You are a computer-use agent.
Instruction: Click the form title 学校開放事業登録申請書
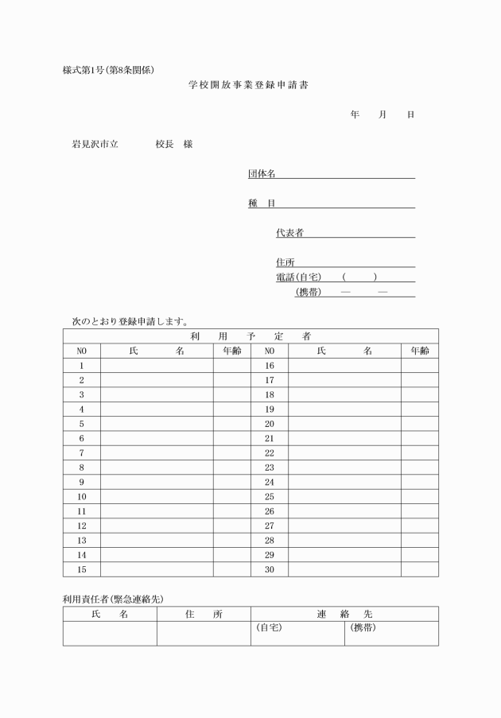pyautogui.click(x=248, y=84)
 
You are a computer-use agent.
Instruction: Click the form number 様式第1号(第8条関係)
pyautogui.click(x=114, y=70)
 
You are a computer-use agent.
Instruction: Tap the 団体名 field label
pyautogui.click(x=262, y=174)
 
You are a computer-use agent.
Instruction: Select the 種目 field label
pyautogui.click(x=262, y=204)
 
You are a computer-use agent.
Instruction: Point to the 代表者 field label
pyautogui.click(x=289, y=233)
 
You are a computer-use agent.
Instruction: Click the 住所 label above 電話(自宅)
pyautogui.click(x=285, y=262)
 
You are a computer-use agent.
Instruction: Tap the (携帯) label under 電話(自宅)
pyautogui.click(x=308, y=292)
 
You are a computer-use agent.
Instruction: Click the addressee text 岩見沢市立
pyautogui.click(x=95, y=145)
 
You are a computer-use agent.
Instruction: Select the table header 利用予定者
pyautogui.click(x=250, y=336)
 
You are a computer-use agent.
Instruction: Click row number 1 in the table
pyautogui.click(x=81, y=365)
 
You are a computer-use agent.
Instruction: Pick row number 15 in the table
pyautogui.click(x=81, y=569)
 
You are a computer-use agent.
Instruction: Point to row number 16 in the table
pyautogui.click(x=269, y=365)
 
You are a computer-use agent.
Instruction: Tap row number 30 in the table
pyautogui.click(x=269, y=569)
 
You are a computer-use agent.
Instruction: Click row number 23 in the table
pyautogui.click(x=269, y=468)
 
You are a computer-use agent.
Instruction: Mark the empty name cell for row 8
pyautogui.click(x=156, y=468)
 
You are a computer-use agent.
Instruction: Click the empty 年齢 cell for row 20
pyautogui.click(x=419, y=424)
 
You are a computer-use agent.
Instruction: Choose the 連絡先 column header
pyautogui.click(x=344, y=614)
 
